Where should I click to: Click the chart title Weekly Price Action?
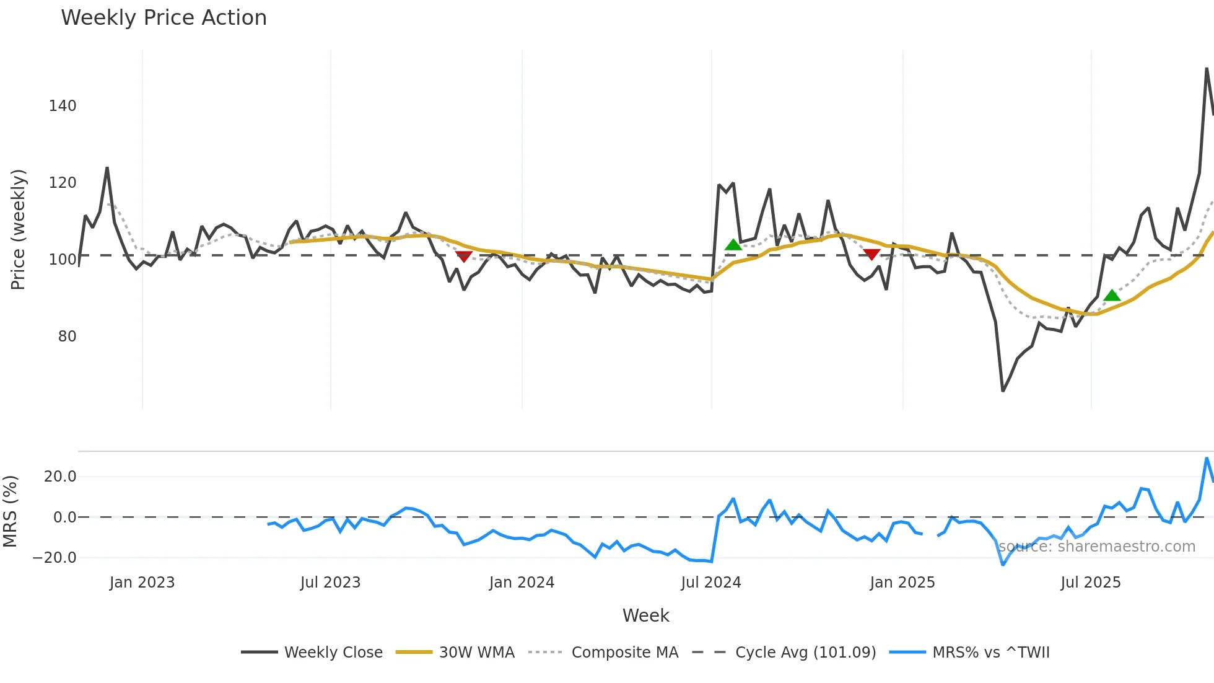pyautogui.click(x=164, y=17)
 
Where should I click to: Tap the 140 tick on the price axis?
pyautogui.click(x=63, y=106)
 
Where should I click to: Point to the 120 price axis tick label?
pyautogui.click(x=63, y=183)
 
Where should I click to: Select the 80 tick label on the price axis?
pyautogui.click(x=67, y=337)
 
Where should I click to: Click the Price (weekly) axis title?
pyautogui.click(x=18, y=229)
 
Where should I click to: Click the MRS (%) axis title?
pyautogui.click(x=10, y=511)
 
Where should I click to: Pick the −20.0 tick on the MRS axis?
pyautogui.click(x=55, y=558)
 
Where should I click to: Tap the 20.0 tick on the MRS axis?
pyautogui.click(x=60, y=477)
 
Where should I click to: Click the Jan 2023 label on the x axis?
pyautogui.click(x=142, y=583)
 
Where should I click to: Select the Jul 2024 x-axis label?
pyautogui.click(x=710, y=583)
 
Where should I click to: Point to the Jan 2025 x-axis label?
pyautogui.click(x=902, y=583)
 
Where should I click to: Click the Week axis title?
pyautogui.click(x=645, y=615)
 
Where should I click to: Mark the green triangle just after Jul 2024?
pyautogui.click(x=733, y=245)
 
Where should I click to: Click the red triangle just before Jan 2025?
pyautogui.click(x=871, y=254)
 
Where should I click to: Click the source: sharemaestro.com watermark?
pyautogui.click(x=1096, y=547)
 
